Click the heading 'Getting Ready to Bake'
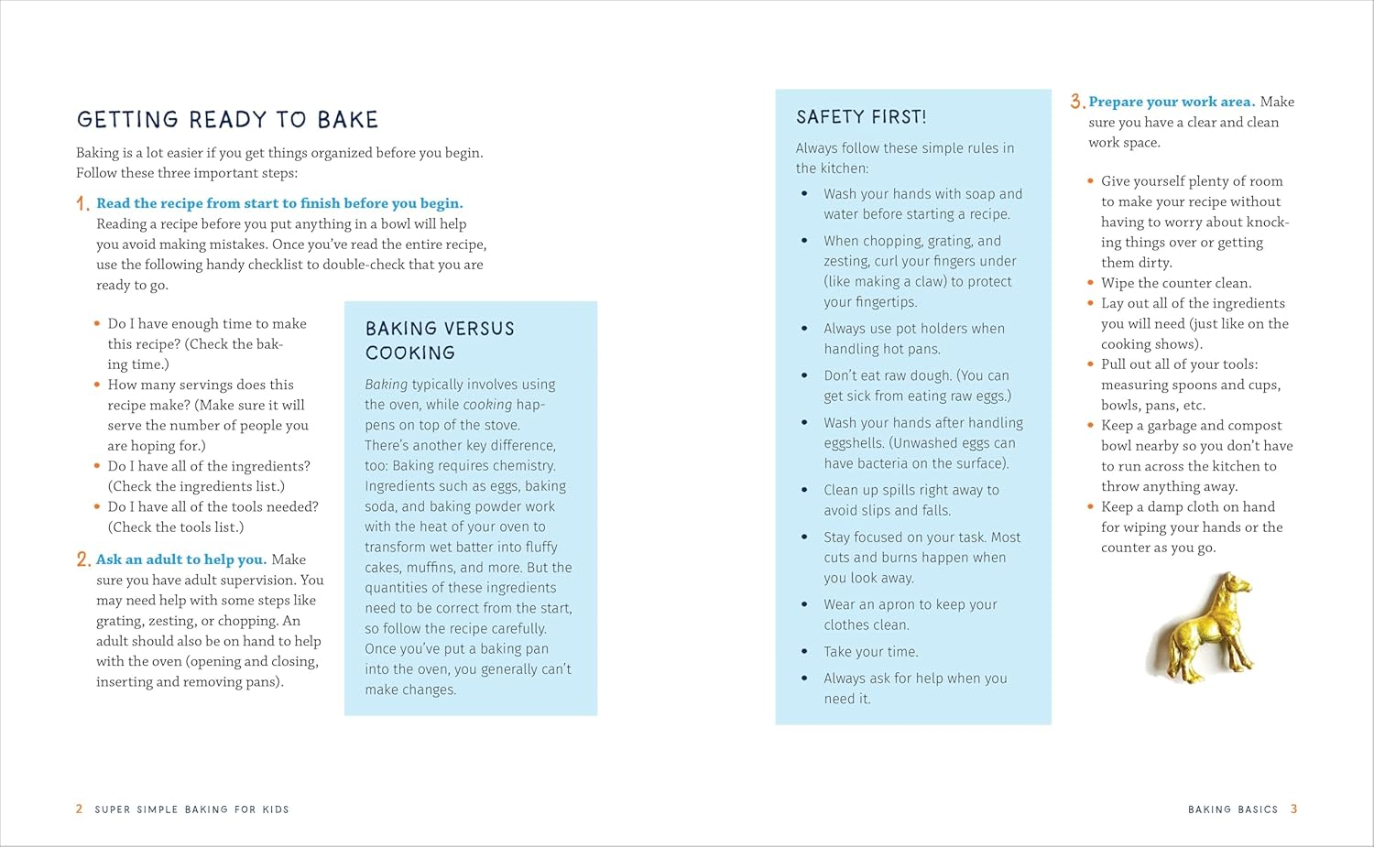227,120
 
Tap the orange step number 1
82,204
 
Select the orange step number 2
83,559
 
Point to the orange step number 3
1077,102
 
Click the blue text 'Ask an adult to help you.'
181,559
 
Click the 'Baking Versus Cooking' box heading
440,341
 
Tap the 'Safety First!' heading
861,117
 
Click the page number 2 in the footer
80,809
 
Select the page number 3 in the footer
1293,809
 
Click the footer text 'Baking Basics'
1232,809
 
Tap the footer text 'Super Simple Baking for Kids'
191,809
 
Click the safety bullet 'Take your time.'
870,652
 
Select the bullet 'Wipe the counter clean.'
1176,283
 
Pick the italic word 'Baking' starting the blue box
386,385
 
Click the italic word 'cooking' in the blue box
487,405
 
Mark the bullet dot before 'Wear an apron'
804,604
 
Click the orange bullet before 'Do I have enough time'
97,323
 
